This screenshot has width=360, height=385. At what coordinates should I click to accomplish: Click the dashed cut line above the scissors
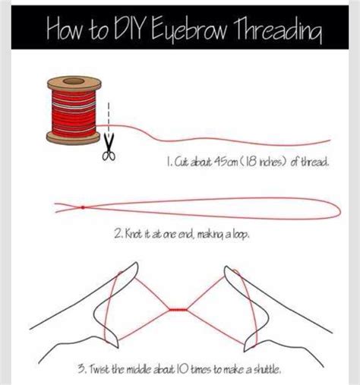click(x=108, y=118)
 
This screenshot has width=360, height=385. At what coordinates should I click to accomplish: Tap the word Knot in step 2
click(x=136, y=236)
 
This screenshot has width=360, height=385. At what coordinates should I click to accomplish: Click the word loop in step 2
click(x=238, y=236)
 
